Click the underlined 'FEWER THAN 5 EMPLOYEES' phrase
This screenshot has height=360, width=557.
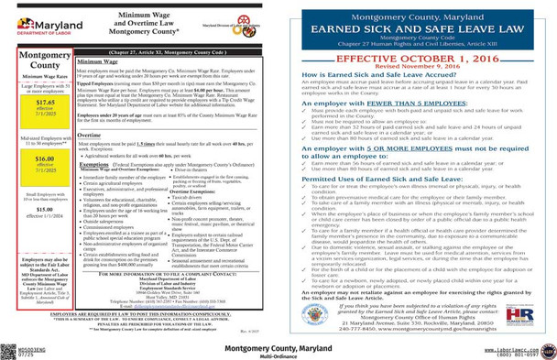(x=398, y=104)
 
